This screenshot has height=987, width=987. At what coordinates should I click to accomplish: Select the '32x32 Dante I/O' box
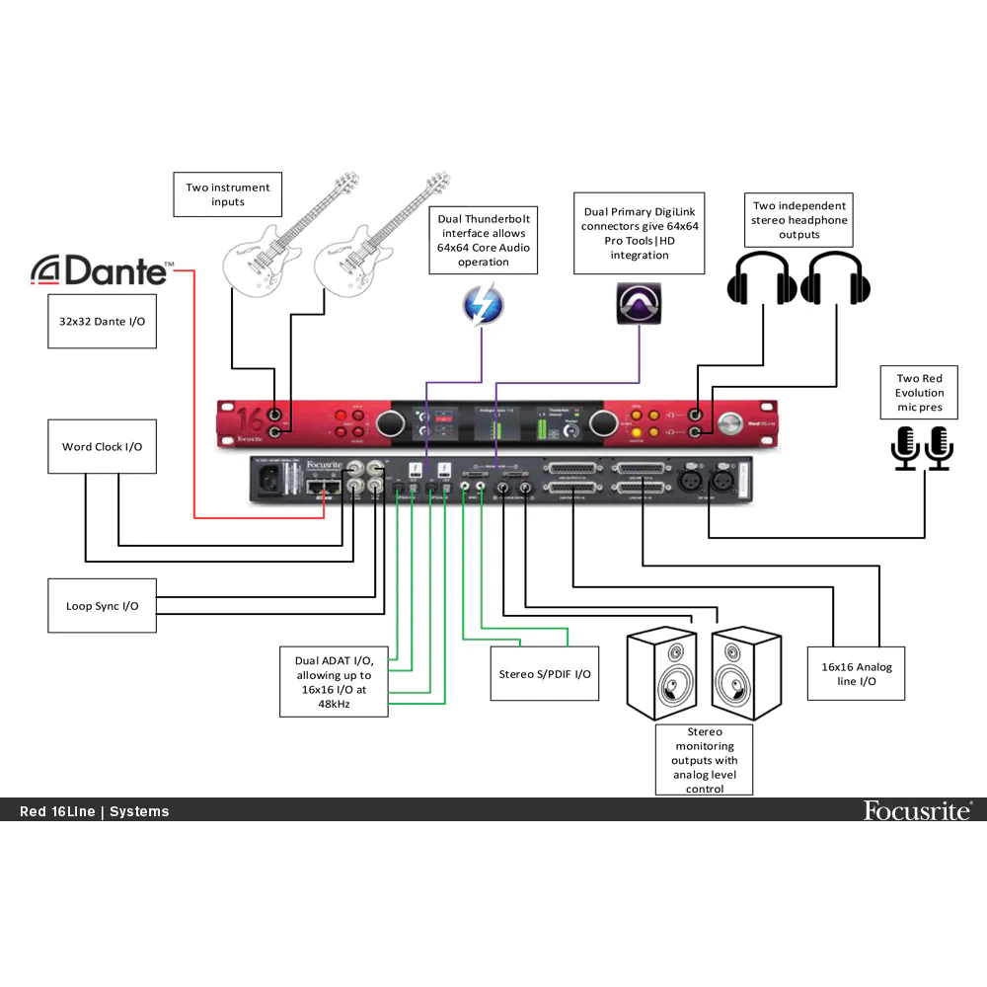[102, 322]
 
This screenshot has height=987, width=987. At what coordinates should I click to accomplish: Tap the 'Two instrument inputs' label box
[228, 193]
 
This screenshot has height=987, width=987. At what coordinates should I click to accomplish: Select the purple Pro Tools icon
[638, 303]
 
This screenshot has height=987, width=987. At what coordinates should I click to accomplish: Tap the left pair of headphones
[762, 277]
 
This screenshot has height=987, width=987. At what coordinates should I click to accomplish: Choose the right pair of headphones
[836, 277]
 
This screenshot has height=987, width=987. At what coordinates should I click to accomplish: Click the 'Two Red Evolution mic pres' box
[920, 392]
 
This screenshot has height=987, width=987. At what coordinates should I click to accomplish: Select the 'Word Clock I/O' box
[102, 446]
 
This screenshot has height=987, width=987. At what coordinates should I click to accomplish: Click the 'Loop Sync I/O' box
[102, 606]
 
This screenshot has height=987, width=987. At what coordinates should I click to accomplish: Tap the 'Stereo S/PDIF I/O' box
[544, 674]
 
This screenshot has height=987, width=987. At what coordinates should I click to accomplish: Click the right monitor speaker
[746, 676]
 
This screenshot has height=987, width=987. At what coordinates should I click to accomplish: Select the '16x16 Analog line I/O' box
[856, 674]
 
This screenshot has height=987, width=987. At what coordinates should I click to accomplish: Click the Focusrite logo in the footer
[918, 810]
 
